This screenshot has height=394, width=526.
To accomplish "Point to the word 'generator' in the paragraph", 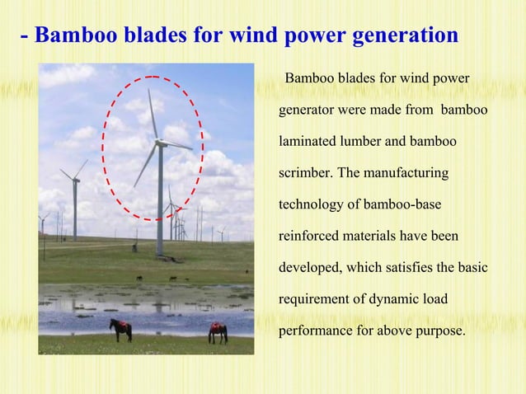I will [307, 110].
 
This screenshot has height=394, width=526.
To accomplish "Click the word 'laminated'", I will [309, 142].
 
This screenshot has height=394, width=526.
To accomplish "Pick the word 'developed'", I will [311, 269].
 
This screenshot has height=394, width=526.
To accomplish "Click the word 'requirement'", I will [315, 300].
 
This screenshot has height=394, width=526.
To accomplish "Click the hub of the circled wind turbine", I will [158, 143].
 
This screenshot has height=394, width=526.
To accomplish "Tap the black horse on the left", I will [121, 329].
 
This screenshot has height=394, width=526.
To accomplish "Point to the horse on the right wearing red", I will [218, 331].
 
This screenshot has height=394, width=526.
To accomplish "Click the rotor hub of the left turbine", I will [74, 179].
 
